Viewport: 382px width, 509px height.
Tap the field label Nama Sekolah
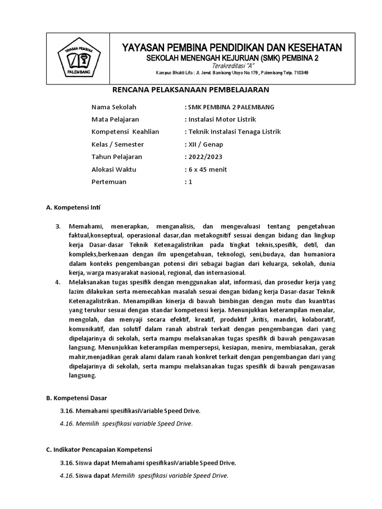coord(114,107)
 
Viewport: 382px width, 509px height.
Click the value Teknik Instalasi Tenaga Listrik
coord(234,132)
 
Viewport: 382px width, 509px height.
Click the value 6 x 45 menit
coord(207,169)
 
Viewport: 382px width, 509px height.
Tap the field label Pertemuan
coord(109,181)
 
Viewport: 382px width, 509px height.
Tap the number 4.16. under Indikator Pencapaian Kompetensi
coord(66,475)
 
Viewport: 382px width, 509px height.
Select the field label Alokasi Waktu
coord(114,169)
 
